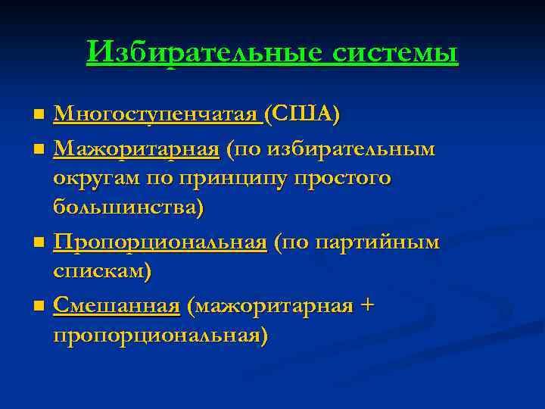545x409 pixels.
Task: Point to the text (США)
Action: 302,115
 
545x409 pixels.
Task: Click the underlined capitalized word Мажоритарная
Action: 136,150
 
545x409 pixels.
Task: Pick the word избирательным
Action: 347,150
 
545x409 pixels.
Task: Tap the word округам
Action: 98,179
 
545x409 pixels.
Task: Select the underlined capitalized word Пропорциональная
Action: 160,243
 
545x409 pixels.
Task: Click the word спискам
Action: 102,271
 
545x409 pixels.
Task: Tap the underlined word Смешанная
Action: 117,306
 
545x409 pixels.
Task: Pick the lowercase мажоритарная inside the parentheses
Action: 272,306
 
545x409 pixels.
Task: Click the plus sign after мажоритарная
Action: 367,306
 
